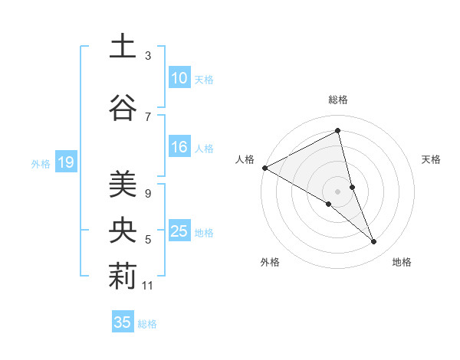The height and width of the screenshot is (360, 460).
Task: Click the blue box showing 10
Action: pos(179,78)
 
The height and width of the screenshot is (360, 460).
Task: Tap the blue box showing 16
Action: pos(179,148)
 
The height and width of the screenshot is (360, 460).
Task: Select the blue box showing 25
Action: pos(179,232)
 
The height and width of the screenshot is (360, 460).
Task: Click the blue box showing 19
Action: pos(65,162)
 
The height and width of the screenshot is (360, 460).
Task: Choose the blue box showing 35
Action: pos(123,322)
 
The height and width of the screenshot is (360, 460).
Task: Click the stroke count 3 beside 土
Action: pos(148,56)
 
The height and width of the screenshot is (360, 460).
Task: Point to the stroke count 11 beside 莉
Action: pos(148,286)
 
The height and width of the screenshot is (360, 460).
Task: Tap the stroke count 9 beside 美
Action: pos(148,193)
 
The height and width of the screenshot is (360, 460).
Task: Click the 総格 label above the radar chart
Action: pos(337,100)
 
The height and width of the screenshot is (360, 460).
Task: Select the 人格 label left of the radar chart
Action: pos(245,159)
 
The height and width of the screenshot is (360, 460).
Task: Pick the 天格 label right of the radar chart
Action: pos(432,159)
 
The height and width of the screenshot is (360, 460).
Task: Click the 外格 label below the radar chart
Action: pos(270,262)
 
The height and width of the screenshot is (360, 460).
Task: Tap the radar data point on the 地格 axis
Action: pos(374,242)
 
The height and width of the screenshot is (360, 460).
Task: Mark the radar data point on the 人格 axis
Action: pos(264,167)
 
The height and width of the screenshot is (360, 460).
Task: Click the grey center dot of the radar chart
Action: pos(337,191)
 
